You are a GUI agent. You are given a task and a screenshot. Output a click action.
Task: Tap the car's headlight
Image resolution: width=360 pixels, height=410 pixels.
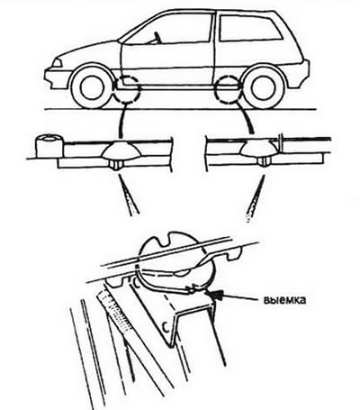pyautogui.click(x=57, y=63)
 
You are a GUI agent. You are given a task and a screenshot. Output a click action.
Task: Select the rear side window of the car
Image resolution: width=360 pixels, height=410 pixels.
pyautogui.click(x=249, y=28)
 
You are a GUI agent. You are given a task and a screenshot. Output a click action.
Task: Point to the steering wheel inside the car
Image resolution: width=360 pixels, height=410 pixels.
pyautogui.click(x=157, y=38)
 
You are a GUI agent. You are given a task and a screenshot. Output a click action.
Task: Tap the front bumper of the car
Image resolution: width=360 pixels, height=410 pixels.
pyautogui.click(x=57, y=78)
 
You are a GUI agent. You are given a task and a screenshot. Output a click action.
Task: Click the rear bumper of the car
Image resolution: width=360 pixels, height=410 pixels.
pyautogui.click(x=300, y=74)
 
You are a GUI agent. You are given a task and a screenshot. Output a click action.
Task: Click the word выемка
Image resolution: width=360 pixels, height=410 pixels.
pyautogui.click(x=285, y=300)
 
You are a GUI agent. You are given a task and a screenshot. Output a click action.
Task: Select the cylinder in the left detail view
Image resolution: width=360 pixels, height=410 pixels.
pyautogui.click(x=49, y=146)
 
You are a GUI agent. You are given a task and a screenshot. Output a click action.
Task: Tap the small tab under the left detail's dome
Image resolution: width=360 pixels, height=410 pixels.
pyautogui.click(x=116, y=165)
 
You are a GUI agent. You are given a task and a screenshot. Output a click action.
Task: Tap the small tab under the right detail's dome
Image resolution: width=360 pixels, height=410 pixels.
pyautogui.click(x=263, y=162)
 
